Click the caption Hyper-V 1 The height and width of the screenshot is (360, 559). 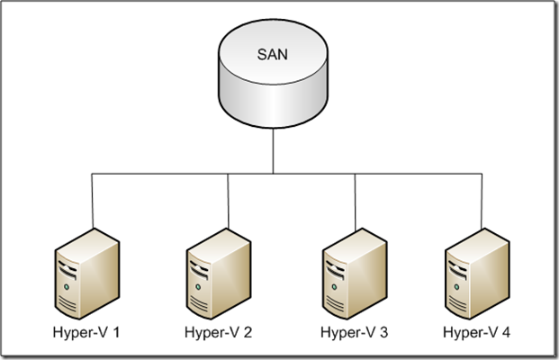pyautogui.click(x=88, y=333)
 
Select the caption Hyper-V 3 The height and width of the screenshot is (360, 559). pyautogui.click(x=354, y=333)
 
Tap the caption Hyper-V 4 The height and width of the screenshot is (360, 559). pyautogui.click(x=477, y=333)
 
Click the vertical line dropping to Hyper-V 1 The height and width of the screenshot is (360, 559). pyautogui.click(x=92, y=198)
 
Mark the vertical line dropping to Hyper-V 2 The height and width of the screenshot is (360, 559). pyautogui.click(x=227, y=198)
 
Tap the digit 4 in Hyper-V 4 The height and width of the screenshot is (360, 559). pyautogui.click(x=506, y=333)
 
